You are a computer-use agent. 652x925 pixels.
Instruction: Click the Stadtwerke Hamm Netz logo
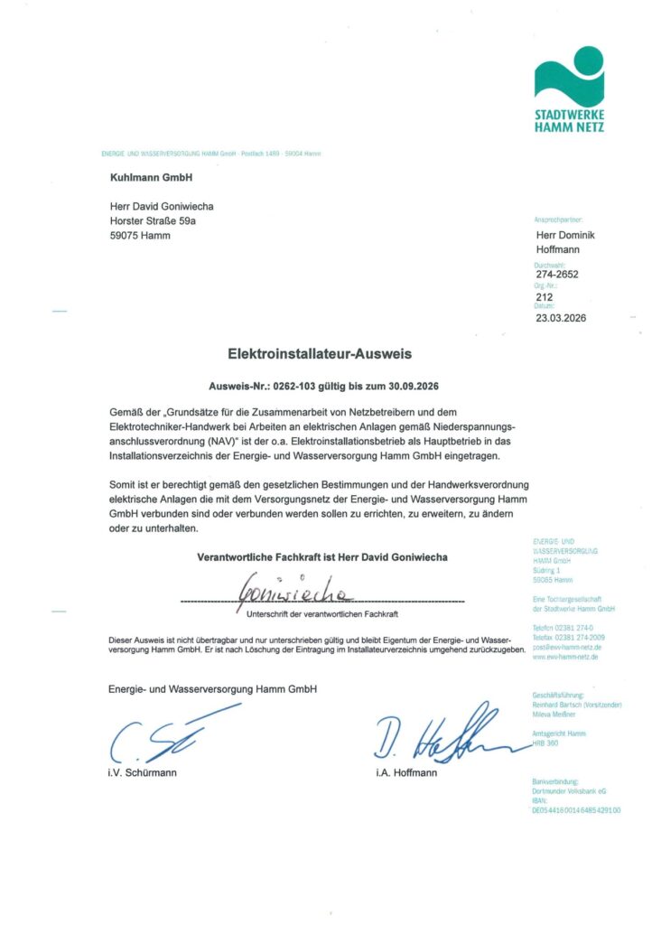pos(569,89)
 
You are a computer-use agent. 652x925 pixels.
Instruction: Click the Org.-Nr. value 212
pos(544,296)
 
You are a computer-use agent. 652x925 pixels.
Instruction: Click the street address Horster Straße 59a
pos(153,220)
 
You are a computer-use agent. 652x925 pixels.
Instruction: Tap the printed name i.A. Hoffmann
pos(406,773)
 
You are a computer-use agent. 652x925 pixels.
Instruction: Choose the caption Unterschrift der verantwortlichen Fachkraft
pos(322,614)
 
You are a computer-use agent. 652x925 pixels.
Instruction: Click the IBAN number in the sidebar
pos(576,810)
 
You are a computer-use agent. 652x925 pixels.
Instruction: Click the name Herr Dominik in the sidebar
pos(565,235)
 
